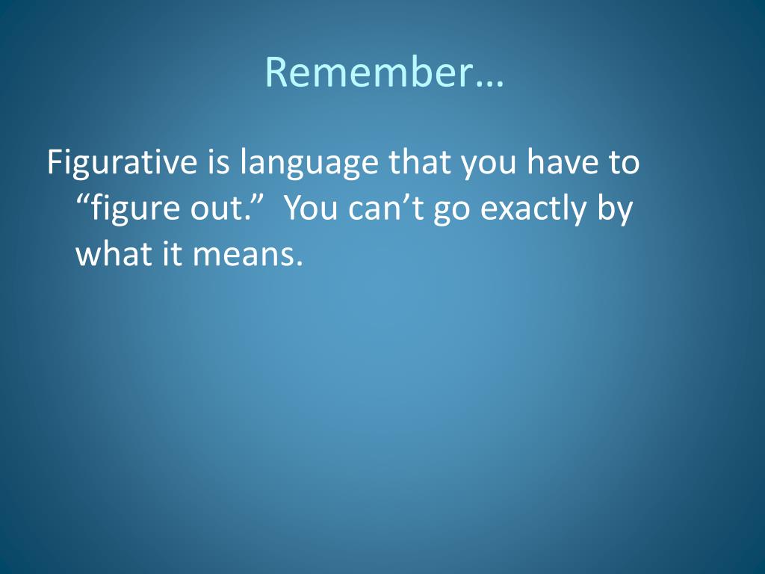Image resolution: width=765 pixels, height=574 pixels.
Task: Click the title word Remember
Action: pos(368,72)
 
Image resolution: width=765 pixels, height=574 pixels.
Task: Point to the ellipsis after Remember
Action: pos(489,84)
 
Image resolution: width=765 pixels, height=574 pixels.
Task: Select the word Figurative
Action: pos(122,163)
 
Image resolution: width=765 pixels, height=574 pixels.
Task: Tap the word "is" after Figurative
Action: pos(219,162)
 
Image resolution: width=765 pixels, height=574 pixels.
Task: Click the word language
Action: pos(309,164)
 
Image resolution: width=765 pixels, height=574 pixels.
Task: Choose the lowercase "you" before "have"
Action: pos(489,167)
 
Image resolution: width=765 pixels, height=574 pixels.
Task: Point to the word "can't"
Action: pos(385,208)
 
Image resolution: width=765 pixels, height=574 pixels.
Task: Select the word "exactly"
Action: pos(533,210)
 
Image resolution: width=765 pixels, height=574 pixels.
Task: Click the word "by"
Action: pos(615,210)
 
